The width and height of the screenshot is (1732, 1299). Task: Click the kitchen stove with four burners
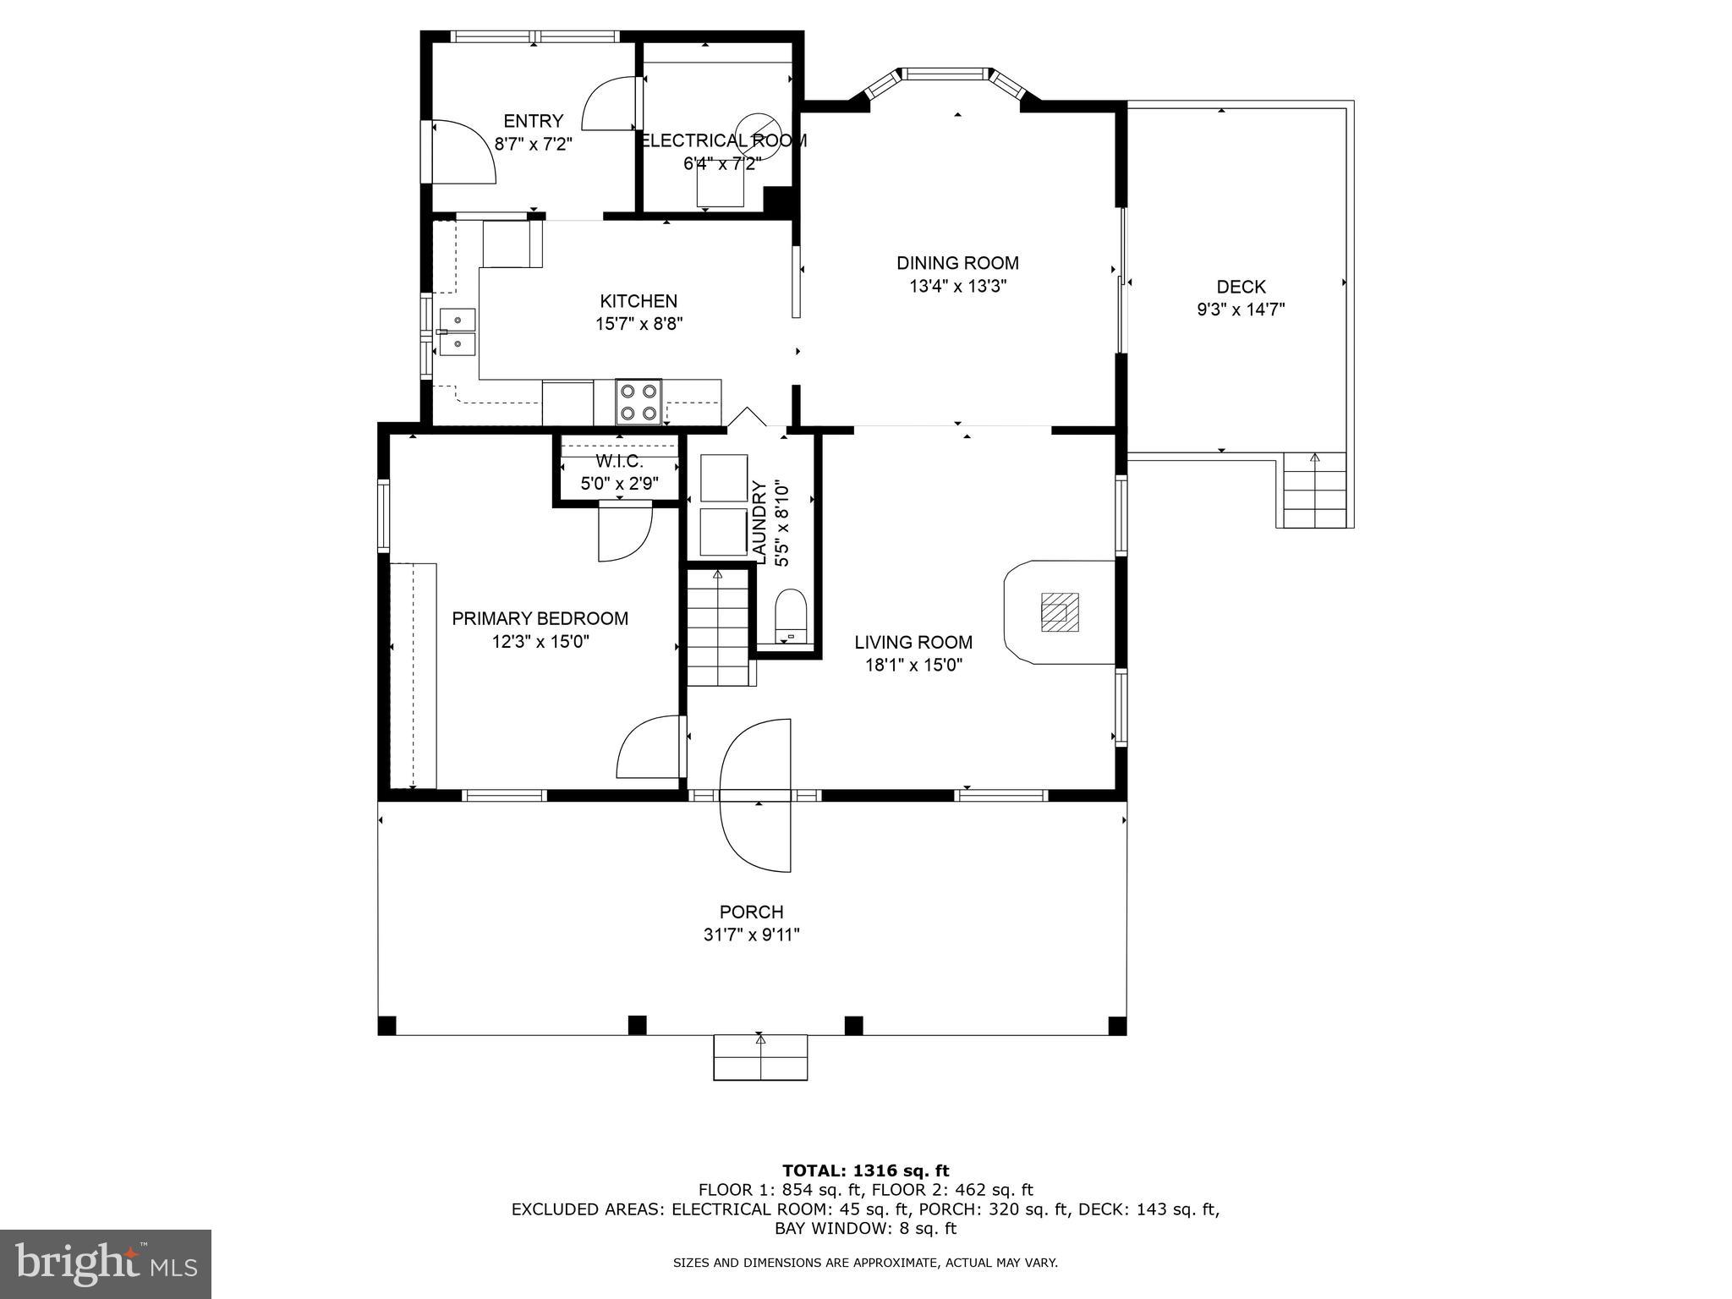click(639, 402)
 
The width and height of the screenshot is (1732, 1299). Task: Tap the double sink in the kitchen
click(458, 332)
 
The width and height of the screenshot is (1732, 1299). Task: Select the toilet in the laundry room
click(792, 615)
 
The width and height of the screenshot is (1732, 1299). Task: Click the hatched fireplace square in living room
click(1060, 611)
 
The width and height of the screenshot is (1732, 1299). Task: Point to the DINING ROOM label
click(957, 263)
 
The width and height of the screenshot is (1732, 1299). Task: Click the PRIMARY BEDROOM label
click(540, 618)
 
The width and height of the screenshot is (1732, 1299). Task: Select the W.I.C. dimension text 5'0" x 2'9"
click(618, 485)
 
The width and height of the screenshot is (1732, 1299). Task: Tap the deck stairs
click(1314, 491)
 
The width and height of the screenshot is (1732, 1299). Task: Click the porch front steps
click(760, 1057)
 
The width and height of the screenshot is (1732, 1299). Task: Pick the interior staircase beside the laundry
click(718, 627)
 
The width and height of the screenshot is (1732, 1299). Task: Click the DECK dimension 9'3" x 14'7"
click(1241, 310)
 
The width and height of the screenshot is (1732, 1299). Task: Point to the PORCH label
click(751, 912)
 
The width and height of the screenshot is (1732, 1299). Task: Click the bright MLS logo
click(106, 1263)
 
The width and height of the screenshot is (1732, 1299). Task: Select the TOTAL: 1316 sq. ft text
click(865, 1170)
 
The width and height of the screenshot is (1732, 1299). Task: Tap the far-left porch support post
click(386, 1026)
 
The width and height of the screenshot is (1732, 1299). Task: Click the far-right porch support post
click(1117, 1026)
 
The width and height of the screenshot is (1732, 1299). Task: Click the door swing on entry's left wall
click(463, 152)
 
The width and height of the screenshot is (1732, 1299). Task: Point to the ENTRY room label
click(533, 121)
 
